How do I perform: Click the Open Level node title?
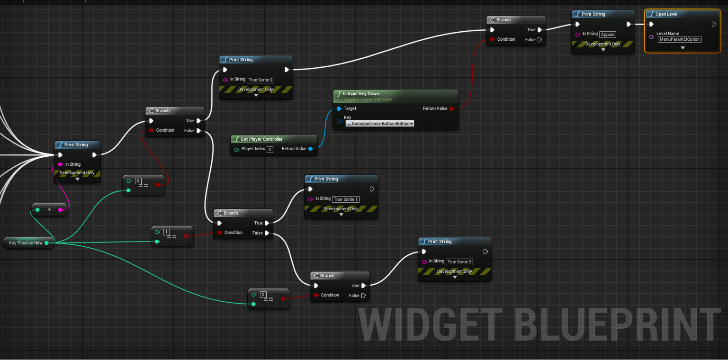[x=666, y=14]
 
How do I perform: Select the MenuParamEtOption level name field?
[x=680, y=39]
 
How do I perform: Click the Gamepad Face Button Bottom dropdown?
[x=380, y=124]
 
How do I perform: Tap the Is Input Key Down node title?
[x=361, y=94]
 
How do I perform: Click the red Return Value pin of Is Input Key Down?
[x=451, y=108]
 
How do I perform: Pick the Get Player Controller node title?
[x=261, y=139]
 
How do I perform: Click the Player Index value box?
[x=270, y=150]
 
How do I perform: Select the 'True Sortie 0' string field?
[x=261, y=80]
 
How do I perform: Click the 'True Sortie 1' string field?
[x=345, y=199]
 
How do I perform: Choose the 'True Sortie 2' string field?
[x=459, y=262]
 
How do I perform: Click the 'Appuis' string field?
[x=607, y=35]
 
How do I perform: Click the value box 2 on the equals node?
[x=263, y=295]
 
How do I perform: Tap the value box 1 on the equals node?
[x=167, y=232]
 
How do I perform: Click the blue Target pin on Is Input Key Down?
[x=339, y=108]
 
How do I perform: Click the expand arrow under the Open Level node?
[x=683, y=48]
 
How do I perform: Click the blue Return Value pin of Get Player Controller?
[x=311, y=149]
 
